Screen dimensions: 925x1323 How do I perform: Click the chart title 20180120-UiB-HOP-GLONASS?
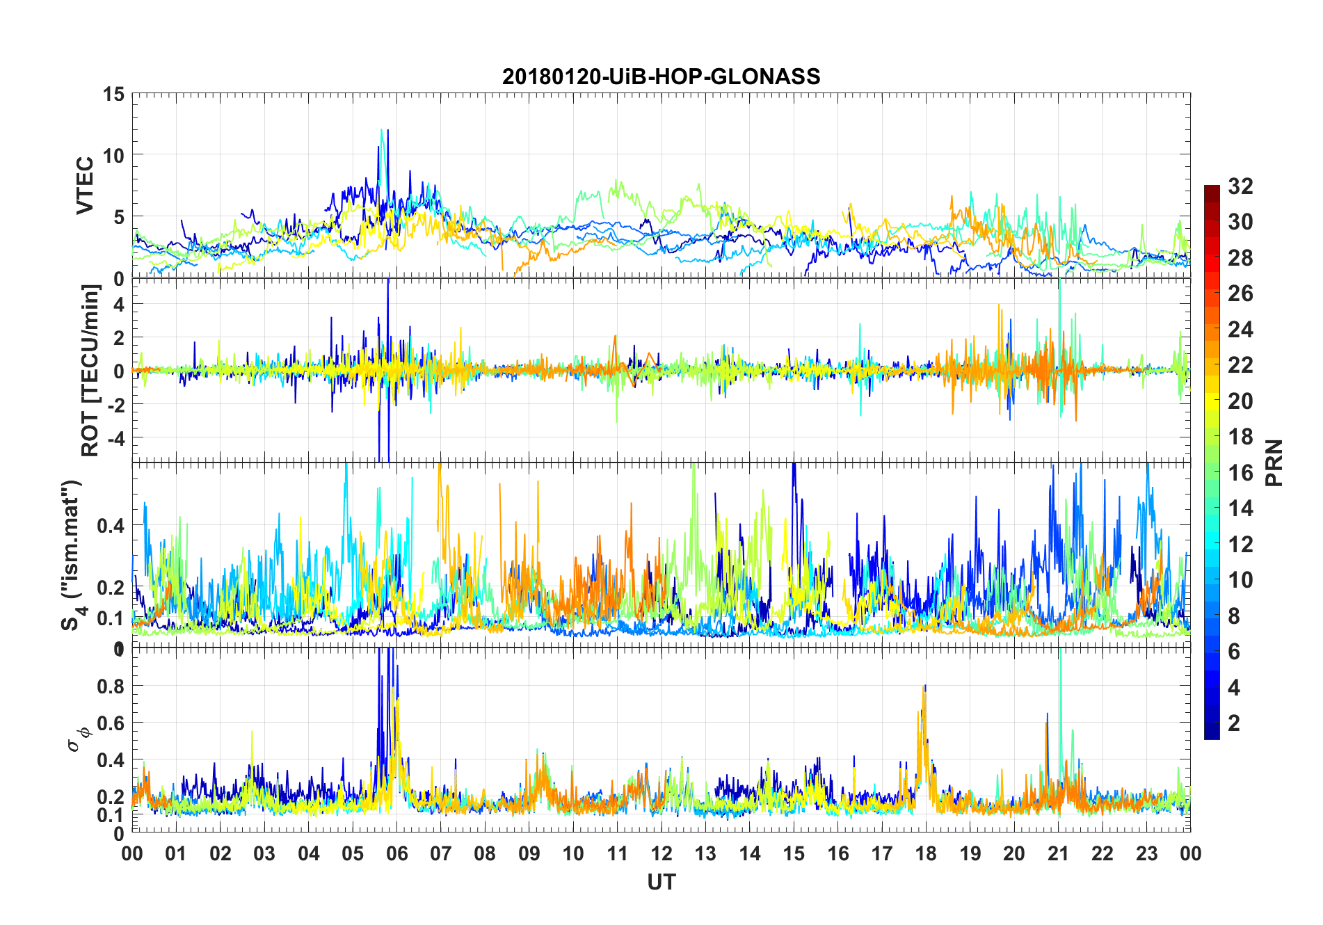pyautogui.click(x=661, y=77)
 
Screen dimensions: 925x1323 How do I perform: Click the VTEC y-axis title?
pyautogui.click(x=85, y=186)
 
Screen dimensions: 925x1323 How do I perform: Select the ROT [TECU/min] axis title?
pyautogui.click(x=90, y=370)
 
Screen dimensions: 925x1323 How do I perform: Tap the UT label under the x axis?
pyautogui.click(x=661, y=882)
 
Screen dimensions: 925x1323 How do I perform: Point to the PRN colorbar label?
pyautogui.click(x=1274, y=462)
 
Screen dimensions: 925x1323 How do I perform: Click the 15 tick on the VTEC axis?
pyautogui.click(x=113, y=94)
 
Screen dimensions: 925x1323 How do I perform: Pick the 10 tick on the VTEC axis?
pyautogui.click(x=113, y=155)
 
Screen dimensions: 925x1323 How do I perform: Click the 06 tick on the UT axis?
pyautogui.click(x=396, y=853)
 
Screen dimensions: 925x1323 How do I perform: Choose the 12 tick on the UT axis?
pyautogui.click(x=661, y=853)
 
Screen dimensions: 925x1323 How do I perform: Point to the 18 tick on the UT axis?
pyautogui.click(x=926, y=853)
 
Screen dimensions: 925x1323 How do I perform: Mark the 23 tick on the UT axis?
pyautogui.click(x=1146, y=853)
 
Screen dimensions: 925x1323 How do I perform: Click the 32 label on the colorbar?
pyautogui.click(x=1241, y=186)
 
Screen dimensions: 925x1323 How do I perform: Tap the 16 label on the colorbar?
pyautogui.click(x=1241, y=473)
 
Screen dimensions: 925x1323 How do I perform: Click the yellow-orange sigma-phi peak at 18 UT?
pyautogui.click(x=924, y=689)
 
